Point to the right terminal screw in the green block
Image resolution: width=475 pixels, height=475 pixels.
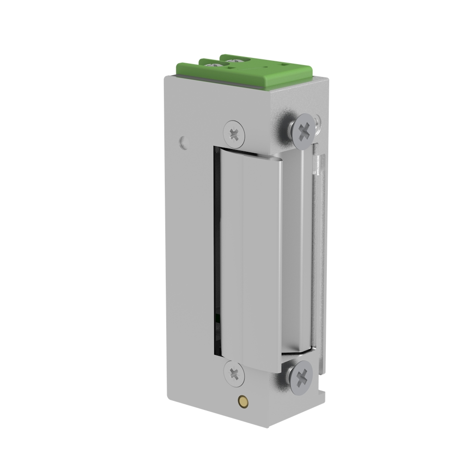click(x=235, y=61)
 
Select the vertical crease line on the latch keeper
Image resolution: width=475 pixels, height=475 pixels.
click(x=243, y=256)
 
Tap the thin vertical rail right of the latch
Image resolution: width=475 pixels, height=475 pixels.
click(x=319, y=247)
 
